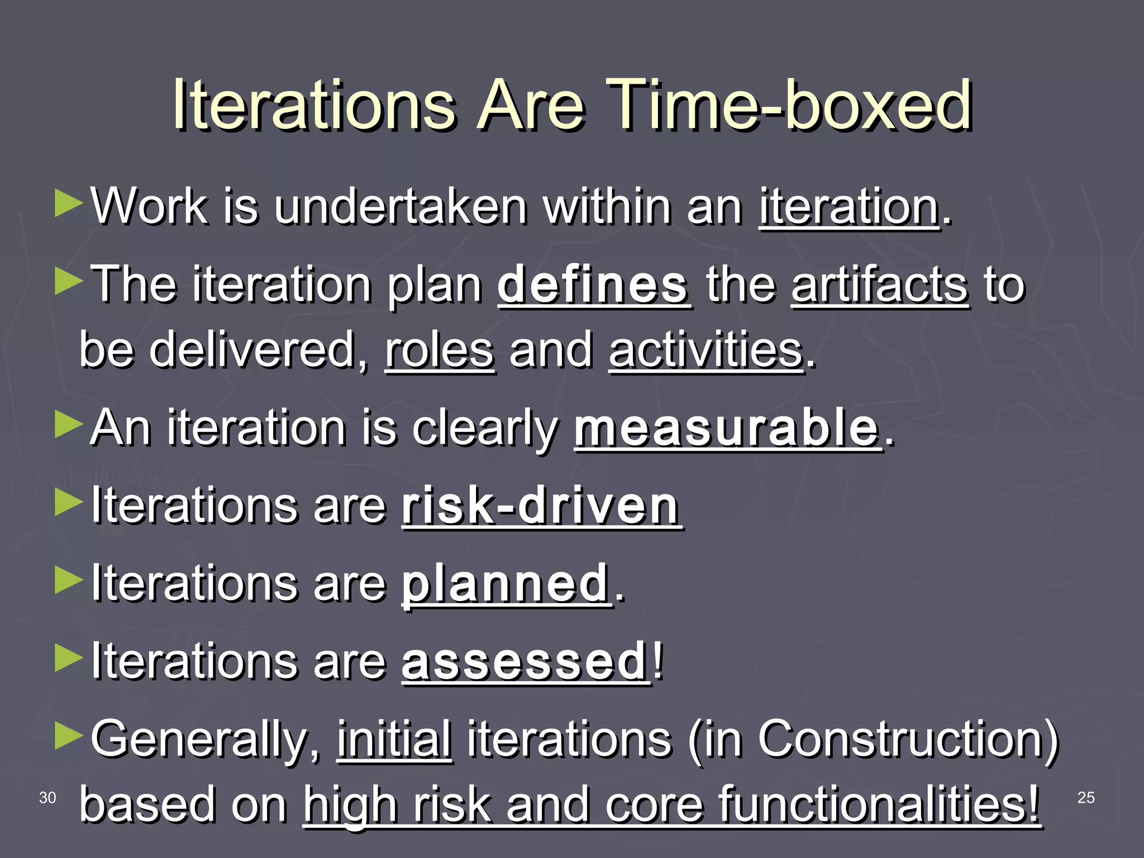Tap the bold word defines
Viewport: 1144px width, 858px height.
click(593, 285)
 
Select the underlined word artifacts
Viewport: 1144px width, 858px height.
click(880, 285)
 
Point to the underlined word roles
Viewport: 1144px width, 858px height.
click(440, 351)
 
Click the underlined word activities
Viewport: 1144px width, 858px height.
click(706, 351)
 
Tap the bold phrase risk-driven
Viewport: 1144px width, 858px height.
click(541, 506)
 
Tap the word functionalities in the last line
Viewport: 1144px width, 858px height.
click(877, 805)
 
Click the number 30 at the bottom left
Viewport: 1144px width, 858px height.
click(47, 798)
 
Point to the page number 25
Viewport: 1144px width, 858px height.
click(1085, 798)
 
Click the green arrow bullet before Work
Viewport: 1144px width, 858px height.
click(69, 203)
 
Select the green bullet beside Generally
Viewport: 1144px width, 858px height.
click(69, 736)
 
